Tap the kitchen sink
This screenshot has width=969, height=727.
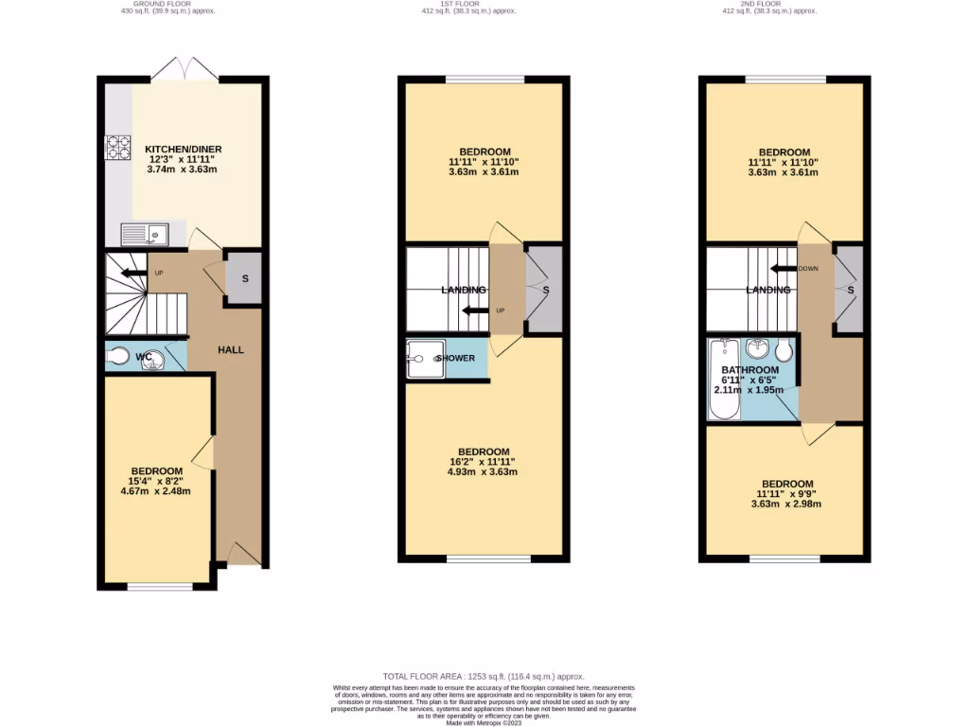point(143,233)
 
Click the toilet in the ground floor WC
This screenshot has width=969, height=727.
point(119,356)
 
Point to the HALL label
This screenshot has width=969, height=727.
point(231,349)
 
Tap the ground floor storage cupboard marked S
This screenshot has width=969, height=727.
point(245,278)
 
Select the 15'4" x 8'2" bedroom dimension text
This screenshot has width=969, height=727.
point(157,482)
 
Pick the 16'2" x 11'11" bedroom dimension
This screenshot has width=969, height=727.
point(484,462)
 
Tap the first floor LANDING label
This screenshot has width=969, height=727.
point(463,290)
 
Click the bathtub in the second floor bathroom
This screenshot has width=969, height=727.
point(724,379)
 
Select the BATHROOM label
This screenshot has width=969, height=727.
point(749,370)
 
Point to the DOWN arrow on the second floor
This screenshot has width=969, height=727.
point(786,268)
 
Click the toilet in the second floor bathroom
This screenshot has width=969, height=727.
point(783,350)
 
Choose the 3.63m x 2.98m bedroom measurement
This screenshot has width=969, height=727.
point(785,504)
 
